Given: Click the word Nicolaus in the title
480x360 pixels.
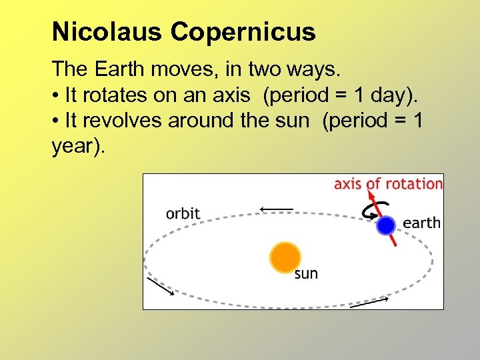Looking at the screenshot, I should pyautogui.click(x=107, y=31).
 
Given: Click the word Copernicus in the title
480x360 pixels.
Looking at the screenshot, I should pyautogui.click(x=243, y=31).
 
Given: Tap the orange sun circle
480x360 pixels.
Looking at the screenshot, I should pyautogui.click(x=285, y=257).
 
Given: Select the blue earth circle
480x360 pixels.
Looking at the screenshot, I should pyautogui.click(x=385, y=225).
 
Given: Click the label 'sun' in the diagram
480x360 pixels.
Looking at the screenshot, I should pyautogui.click(x=306, y=274).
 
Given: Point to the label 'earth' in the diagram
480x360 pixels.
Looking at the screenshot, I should pyautogui.click(x=421, y=223).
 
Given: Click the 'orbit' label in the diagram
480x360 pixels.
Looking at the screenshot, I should pyautogui.click(x=183, y=213).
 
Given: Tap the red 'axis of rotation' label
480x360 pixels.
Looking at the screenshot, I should pyautogui.click(x=388, y=183).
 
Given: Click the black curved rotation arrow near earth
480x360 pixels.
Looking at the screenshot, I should pyautogui.click(x=369, y=210).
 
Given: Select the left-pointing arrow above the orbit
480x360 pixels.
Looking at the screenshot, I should pyautogui.click(x=277, y=209).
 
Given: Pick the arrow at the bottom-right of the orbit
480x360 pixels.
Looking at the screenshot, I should pyautogui.click(x=369, y=302).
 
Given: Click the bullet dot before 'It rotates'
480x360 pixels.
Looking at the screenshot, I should pyautogui.click(x=56, y=96).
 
